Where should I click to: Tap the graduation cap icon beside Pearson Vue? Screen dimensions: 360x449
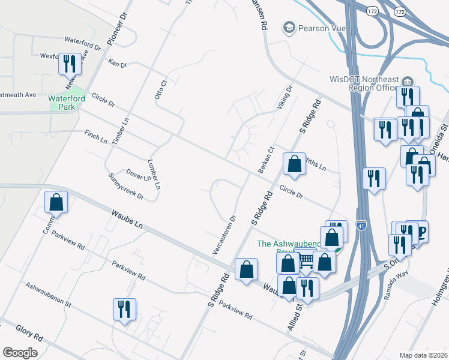tap(289, 28)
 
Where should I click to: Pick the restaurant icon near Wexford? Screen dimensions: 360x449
tap(70, 64)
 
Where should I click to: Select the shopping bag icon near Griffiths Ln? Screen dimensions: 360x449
tap(294, 164)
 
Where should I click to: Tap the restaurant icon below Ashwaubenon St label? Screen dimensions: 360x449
tap(124, 309)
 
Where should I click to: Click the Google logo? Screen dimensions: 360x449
tap(20, 353)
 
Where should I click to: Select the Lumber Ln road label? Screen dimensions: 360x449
tap(154, 175)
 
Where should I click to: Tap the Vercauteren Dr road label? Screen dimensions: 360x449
tap(223, 234)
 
